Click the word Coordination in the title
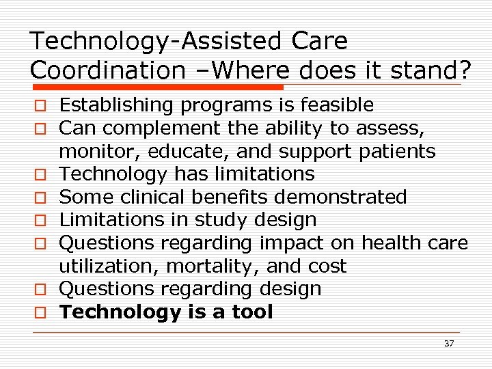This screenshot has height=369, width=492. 107,70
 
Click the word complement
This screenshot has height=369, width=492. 158,128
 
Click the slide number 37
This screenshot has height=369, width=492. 448,344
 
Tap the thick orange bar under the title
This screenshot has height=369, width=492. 158,87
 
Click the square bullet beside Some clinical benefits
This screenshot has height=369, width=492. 42,198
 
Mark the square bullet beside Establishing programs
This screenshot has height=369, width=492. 42,106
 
